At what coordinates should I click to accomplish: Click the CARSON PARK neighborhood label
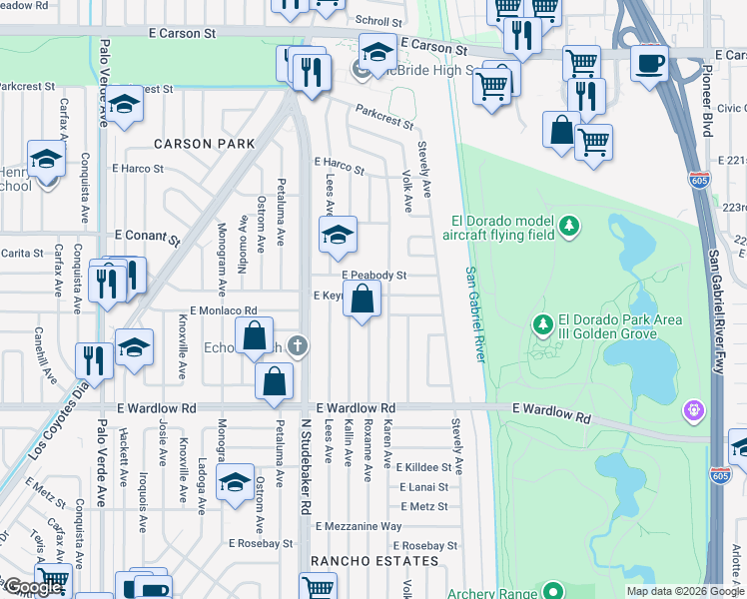click(197, 144)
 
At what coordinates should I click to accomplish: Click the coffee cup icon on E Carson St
click(650, 63)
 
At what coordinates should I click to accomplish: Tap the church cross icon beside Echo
click(296, 346)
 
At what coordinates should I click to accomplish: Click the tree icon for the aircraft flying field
click(569, 226)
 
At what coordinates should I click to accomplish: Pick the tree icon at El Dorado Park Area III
click(542, 324)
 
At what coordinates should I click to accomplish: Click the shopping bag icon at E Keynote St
click(363, 299)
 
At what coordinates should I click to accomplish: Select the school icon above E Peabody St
click(338, 236)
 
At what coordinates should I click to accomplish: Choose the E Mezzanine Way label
click(359, 526)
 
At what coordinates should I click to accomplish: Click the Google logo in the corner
click(33, 587)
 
